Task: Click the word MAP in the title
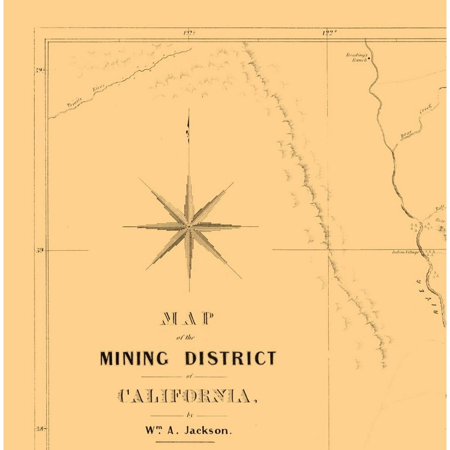[187, 319]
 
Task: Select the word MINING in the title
[134, 357]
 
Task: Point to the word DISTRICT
[230, 357]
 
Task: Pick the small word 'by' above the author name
[188, 415]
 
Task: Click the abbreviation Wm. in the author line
[154, 429]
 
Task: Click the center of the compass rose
[189, 226]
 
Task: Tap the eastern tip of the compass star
[257, 226]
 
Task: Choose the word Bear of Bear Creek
[406, 134]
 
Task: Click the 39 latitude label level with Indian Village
[40, 250]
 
